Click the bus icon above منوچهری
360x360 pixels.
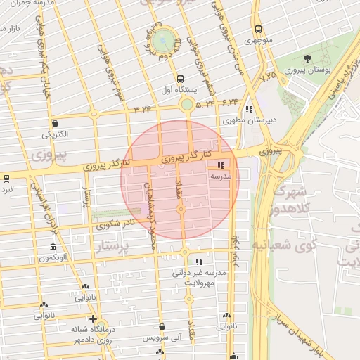click(259, 30)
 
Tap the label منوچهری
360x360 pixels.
click(259, 41)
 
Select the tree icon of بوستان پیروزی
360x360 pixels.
click(308, 58)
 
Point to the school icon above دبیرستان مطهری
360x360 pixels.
click(249, 109)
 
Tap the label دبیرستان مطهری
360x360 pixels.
click(250, 120)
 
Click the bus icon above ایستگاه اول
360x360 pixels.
click(181, 79)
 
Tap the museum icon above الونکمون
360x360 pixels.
click(53, 247)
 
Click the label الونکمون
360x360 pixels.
click(53, 258)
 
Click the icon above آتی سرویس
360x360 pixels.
click(163, 327)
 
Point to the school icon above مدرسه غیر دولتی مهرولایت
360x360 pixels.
click(200, 260)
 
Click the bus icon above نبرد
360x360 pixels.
click(6, 179)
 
